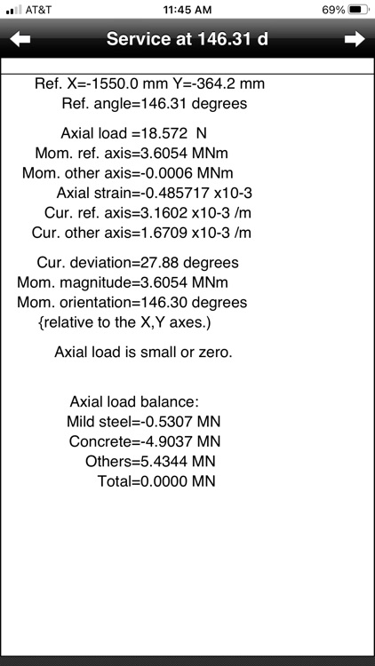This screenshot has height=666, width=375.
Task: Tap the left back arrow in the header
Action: (20, 39)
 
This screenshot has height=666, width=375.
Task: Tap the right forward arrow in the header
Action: (355, 39)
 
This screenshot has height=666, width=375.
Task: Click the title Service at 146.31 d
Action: (187, 39)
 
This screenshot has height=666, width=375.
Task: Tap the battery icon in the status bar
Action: (358, 10)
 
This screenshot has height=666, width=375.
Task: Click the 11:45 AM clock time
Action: (188, 10)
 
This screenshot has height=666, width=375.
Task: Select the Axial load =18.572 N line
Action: (133, 134)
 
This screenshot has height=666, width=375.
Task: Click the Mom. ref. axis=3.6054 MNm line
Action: (132, 154)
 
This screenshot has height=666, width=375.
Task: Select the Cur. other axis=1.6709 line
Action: (141, 232)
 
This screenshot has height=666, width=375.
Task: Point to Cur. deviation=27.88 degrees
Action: (138, 263)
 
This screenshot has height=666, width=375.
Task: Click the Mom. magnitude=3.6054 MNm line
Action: (123, 282)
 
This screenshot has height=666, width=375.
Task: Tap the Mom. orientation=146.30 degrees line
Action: (132, 302)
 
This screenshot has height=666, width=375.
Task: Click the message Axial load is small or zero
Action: (143, 352)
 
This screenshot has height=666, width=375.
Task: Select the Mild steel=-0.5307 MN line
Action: (143, 421)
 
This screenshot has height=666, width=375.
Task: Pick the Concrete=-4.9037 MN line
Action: (144, 440)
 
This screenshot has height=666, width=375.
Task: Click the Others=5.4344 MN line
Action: (150, 461)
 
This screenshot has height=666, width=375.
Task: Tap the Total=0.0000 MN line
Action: (156, 481)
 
